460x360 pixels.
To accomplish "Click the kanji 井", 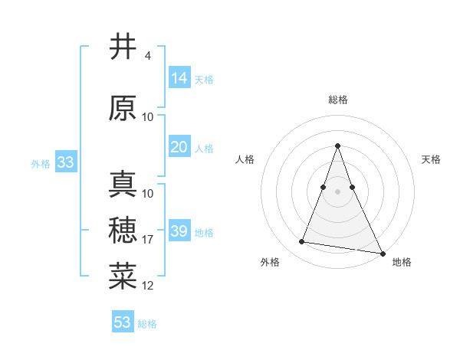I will pyautogui.click(x=123, y=47).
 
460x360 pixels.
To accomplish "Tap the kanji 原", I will pyautogui.click(x=123, y=108).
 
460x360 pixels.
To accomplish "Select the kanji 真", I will pyautogui.click(x=123, y=185).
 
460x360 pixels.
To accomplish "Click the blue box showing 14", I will pyautogui.click(x=179, y=78).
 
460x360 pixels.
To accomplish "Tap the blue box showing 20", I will pyautogui.click(x=179, y=147).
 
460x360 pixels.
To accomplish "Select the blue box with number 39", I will pyautogui.click(x=179, y=231).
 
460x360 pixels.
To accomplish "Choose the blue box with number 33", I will pyautogui.click(x=65, y=162).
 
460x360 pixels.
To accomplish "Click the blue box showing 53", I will pyautogui.click(x=123, y=322).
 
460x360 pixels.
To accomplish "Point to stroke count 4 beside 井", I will pyautogui.click(x=147, y=56).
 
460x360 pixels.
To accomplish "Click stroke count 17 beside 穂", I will pyautogui.click(x=148, y=240).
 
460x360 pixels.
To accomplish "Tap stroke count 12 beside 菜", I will pyautogui.click(x=148, y=286).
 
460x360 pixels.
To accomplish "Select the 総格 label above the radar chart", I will pyautogui.click(x=337, y=100).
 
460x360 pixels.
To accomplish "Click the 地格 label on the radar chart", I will pyautogui.click(x=402, y=262).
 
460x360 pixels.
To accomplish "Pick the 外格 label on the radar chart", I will pyautogui.click(x=270, y=262).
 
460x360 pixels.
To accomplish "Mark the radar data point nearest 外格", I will pyautogui.click(x=302, y=242).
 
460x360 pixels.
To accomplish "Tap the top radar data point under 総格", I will pyautogui.click(x=337, y=146).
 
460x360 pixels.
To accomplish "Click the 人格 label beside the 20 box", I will pyautogui.click(x=204, y=148).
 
